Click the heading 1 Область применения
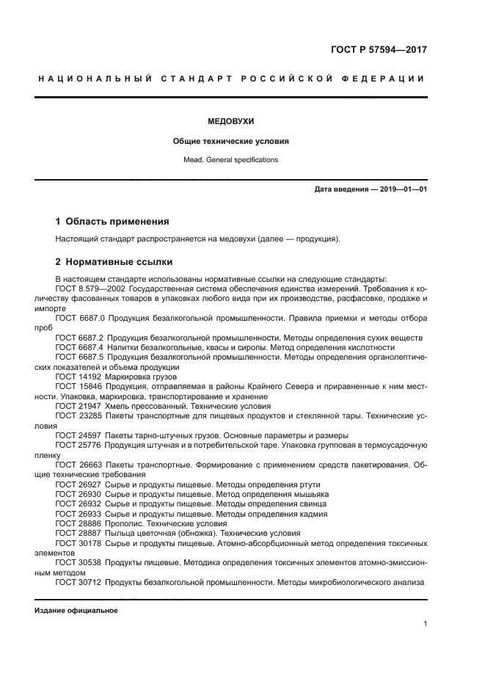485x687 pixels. pos(112,221)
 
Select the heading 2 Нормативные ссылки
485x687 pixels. pos(114,261)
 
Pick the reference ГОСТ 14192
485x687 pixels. pos(78,377)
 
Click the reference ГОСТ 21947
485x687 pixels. pos(78,406)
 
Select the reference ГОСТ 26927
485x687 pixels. pos(78,484)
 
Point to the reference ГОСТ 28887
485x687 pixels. pos(78,534)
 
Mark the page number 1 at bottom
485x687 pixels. pos(425,624)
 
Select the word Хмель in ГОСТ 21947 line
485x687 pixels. pos(118,406)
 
